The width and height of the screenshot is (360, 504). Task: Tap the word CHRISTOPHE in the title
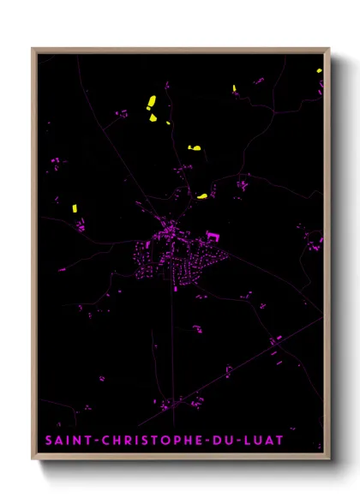click(149, 441)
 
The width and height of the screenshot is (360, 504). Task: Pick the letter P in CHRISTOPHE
click(174, 441)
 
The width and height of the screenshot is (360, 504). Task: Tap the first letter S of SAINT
click(49, 441)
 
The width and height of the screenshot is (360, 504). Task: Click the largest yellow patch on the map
click(150, 104)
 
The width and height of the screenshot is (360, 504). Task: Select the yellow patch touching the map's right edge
click(319, 70)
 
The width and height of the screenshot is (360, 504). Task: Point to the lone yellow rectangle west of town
click(75, 207)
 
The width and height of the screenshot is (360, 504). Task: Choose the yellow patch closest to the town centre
click(202, 196)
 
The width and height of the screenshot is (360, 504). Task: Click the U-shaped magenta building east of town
click(212, 233)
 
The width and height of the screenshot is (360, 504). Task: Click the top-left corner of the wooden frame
click(33, 49)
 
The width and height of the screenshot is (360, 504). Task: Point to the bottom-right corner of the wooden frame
click(329, 459)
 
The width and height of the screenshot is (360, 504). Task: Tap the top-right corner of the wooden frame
click(329, 49)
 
